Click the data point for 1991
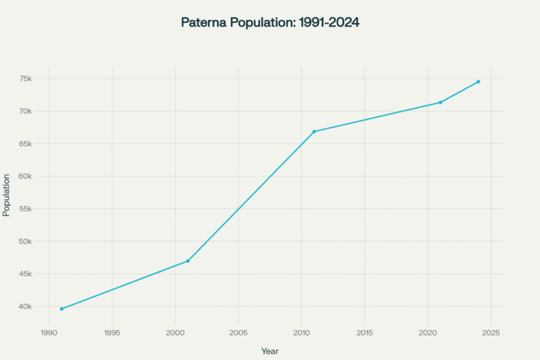tap(62, 309)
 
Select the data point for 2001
tap(188, 261)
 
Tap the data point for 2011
tap(314, 132)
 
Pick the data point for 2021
tap(441, 102)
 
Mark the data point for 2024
tap(478, 81)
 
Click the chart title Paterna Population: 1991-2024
tap(270, 23)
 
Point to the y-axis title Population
tap(7, 194)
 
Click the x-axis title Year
tap(270, 351)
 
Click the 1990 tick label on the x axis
tap(49, 333)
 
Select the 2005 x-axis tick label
tap(238, 333)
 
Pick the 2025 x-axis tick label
tap(491, 333)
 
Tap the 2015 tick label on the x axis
tap(364, 333)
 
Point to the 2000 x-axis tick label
tap(175, 333)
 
